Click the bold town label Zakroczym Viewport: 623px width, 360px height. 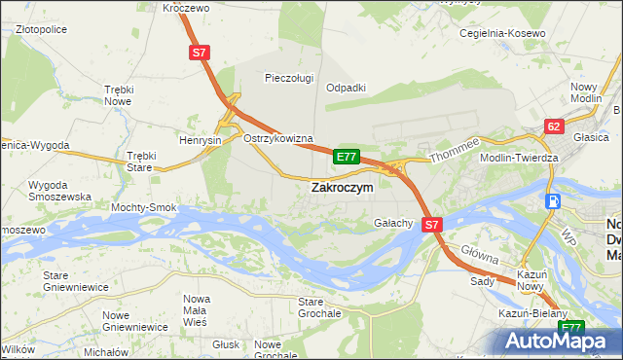coord(341,188)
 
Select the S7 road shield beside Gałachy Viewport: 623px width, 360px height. coord(433,224)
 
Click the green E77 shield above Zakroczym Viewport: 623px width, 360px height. coord(347,156)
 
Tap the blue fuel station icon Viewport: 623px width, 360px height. coord(554,200)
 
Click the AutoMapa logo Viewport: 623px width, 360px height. coord(560,341)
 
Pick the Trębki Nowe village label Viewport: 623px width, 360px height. coord(118,94)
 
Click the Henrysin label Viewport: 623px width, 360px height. coord(201,140)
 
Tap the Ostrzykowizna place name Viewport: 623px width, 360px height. coord(277,138)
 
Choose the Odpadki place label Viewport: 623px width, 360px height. coord(346,87)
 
